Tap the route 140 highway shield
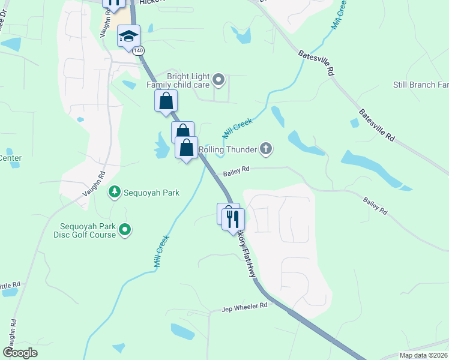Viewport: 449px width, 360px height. point(139,51)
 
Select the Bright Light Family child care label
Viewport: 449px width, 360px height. point(179,81)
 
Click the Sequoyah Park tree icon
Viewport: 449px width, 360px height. point(113,192)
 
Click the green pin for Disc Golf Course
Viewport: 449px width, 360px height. point(125,229)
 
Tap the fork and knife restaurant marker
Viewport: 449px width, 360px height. point(234,219)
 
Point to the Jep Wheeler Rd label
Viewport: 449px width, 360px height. point(244,307)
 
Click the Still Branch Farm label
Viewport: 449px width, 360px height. point(421,85)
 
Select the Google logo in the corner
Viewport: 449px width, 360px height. point(20,352)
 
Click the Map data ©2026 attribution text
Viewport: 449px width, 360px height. point(424,355)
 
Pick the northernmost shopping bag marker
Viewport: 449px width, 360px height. point(166,101)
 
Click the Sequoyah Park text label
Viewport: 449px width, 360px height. point(152,193)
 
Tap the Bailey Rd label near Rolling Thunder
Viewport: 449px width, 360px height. point(236,170)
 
